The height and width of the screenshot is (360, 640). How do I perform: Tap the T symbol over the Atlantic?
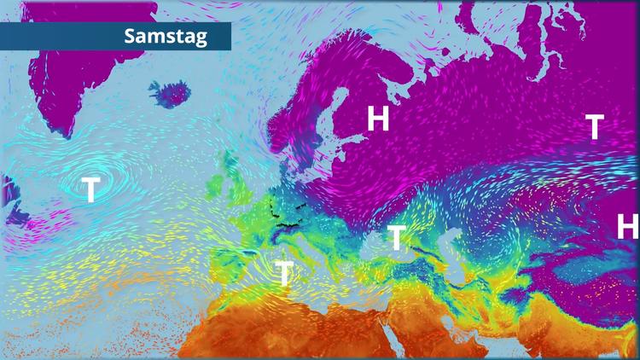[x=90, y=189]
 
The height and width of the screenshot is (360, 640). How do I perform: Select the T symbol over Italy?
[x=284, y=274]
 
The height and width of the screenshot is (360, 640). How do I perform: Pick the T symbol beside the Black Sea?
[x=396, y=237]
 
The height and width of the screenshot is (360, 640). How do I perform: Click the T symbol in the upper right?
[x=595, y=127]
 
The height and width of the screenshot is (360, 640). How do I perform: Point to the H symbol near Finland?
[x=378, y=119]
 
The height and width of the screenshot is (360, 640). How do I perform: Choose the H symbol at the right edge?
[x=627, y=226]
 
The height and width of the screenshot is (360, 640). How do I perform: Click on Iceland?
[x=171, y=91]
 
